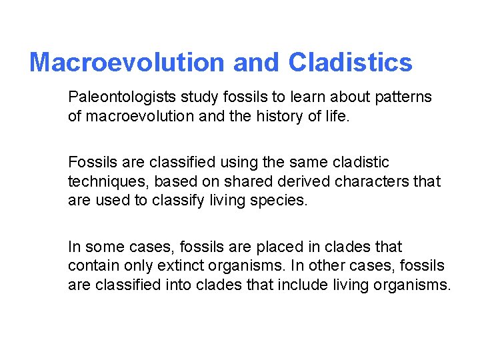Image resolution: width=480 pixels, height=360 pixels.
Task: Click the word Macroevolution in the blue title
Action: pos(127,63)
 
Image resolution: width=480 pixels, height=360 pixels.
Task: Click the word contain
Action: pos(90,266)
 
